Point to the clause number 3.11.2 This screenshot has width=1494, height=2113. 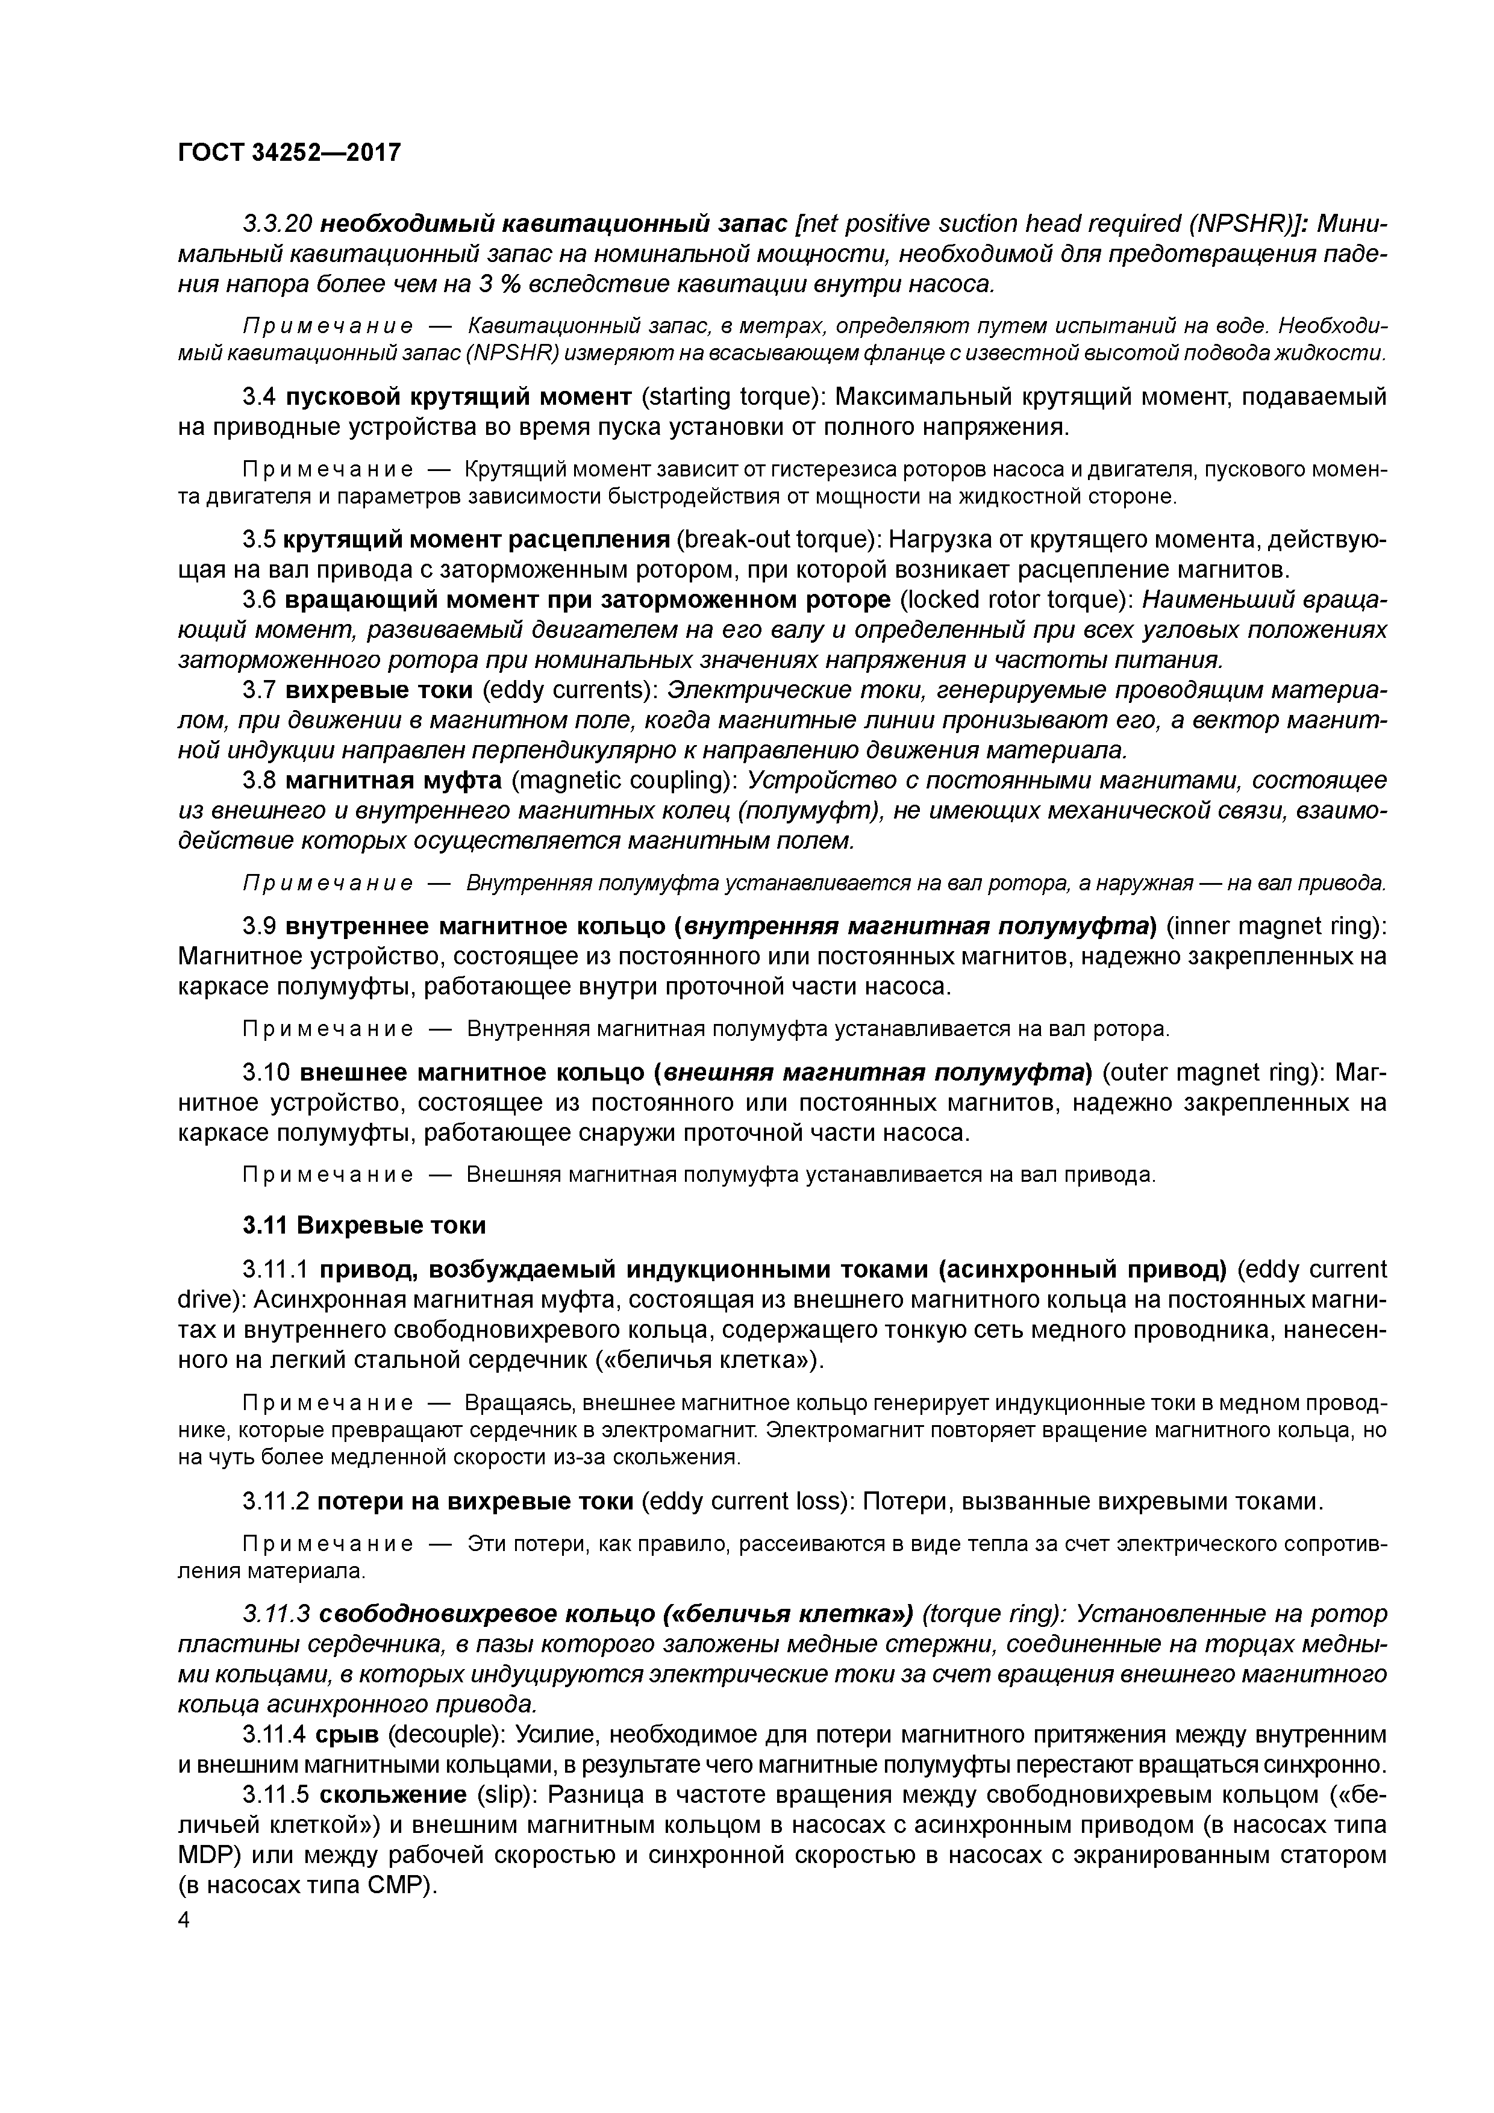click(275, 1502)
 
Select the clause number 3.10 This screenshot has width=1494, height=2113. click(267, 1073)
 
